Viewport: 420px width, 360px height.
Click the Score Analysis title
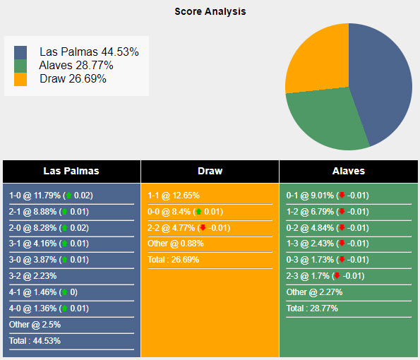coord(210,11)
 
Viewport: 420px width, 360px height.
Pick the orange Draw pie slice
coord(318,56)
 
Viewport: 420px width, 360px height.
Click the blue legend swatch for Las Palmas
coord(20,52)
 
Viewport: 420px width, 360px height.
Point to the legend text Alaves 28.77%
coord(76,65)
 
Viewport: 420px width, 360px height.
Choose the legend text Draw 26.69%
coord(73,78)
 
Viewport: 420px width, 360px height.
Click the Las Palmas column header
coord(71,171)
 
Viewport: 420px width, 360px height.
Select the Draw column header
coord(210,171)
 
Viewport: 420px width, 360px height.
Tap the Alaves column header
coord(348,171)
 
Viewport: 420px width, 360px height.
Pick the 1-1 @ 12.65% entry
coord(174,196)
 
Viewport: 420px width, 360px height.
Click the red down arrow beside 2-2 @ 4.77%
coord(203,227)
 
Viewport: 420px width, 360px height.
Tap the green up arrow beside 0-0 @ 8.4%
coord(198,211)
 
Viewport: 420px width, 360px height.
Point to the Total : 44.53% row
coord(35,340)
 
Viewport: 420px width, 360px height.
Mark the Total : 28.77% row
coord(312,308)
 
